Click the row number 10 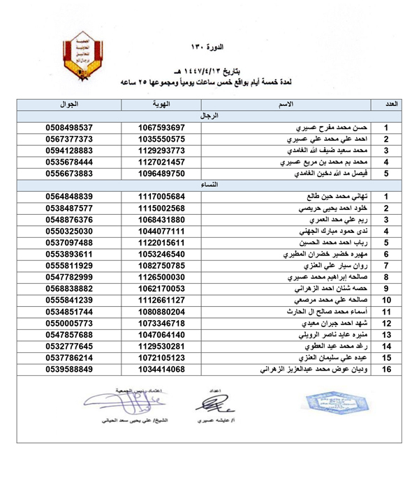pos(386,300)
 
